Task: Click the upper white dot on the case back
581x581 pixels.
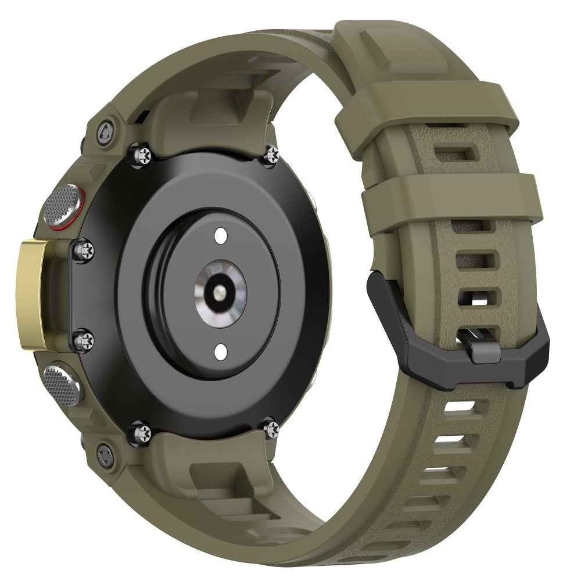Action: point(221,235)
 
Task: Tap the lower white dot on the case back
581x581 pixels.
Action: point(221,351)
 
